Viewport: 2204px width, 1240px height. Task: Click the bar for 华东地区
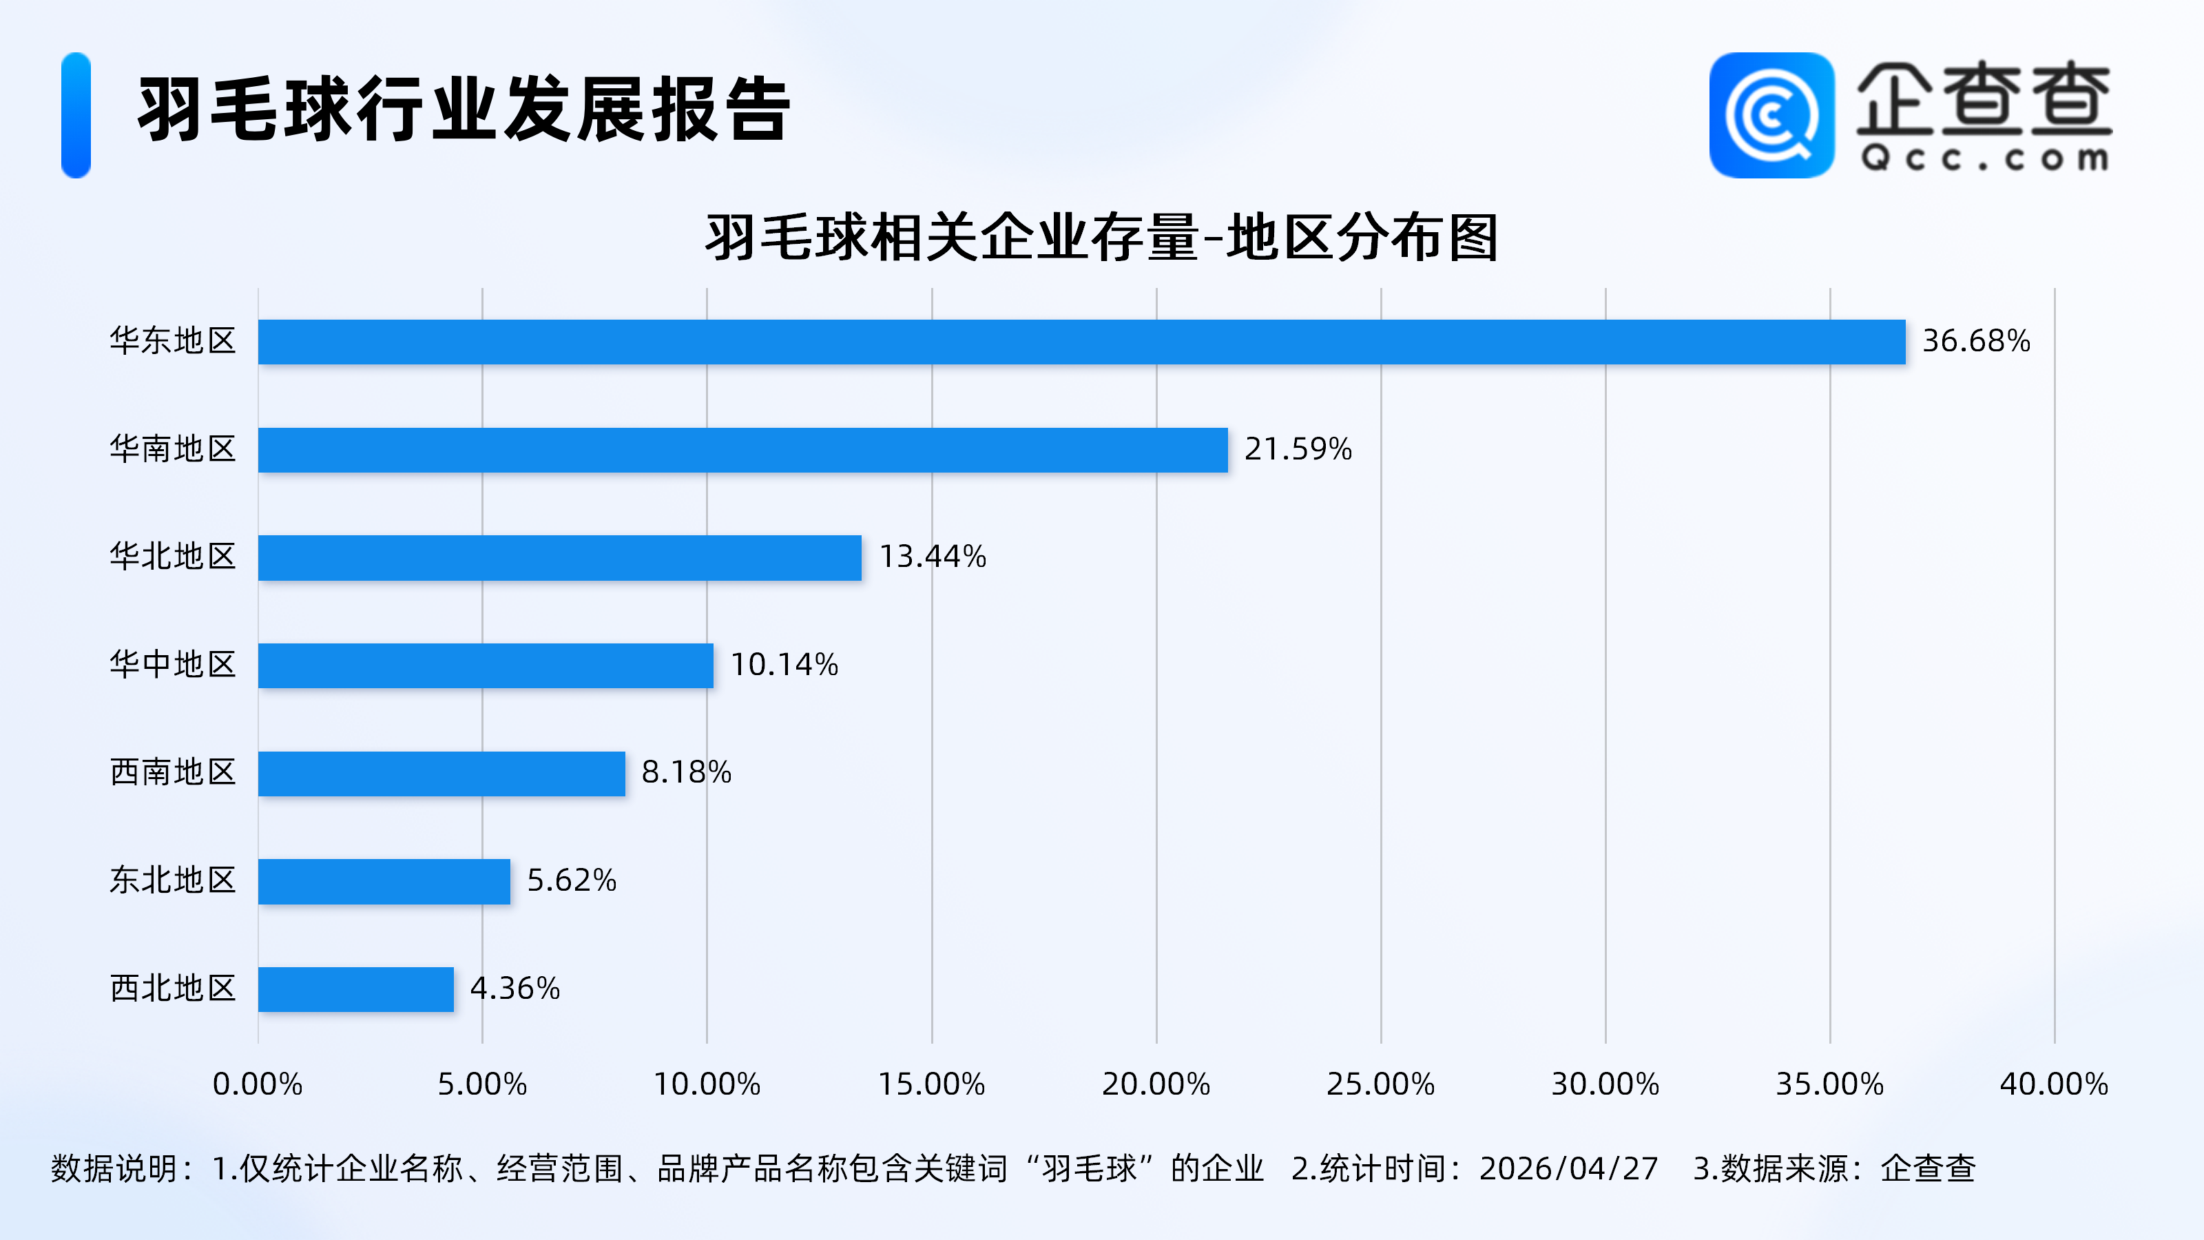(1081, 342)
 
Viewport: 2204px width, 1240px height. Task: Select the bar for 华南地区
(742, 449)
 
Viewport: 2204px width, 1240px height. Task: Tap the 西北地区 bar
(356, 989)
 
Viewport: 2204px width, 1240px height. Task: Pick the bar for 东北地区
(384, 882)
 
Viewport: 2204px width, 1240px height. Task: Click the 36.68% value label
(1975, 342)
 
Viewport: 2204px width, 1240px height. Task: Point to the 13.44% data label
(933, 557)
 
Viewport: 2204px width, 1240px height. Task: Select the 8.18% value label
(686, 773)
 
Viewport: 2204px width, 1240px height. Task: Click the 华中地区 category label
(173, 665)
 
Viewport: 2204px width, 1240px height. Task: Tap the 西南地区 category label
(173, 773)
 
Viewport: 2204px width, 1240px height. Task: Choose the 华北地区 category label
(173, 557)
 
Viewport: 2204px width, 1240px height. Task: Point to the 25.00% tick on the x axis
(1380, 1084)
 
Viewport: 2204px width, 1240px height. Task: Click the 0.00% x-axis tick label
(258, 1084)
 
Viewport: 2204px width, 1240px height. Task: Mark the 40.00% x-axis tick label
(2053, 1084)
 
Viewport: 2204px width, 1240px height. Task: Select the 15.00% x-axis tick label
(932, 1084)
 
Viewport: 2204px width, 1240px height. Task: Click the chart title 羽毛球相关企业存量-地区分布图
(1101, 238)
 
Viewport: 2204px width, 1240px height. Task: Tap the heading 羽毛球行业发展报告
(464, 110)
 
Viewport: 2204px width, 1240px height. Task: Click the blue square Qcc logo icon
(1771, 116)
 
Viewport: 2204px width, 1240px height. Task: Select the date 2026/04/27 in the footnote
(1568, 1169)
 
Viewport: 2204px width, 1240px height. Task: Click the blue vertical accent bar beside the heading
(76, 116)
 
